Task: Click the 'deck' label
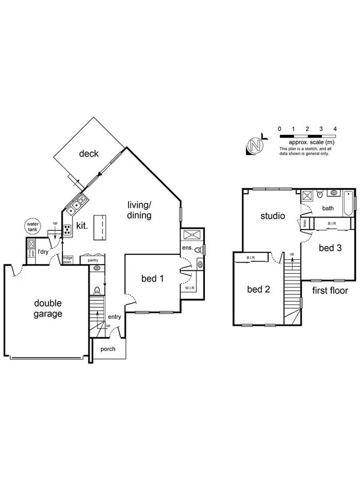(x=89, y=154)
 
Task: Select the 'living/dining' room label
(x=139, y=210)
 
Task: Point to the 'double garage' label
(x=48, y=309)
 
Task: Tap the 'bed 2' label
(x=258, y=290)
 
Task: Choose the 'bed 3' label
(x=330, y=247)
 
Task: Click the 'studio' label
(x=273, y=216)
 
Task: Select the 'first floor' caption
(x=330, y=291)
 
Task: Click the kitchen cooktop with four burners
(x=68, y=230)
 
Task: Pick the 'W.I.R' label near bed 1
(x=189, y=289)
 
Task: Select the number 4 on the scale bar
(x=334, y=129)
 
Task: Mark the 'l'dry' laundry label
(x=43, y=252)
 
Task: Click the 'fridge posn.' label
(x=68, y=260)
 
